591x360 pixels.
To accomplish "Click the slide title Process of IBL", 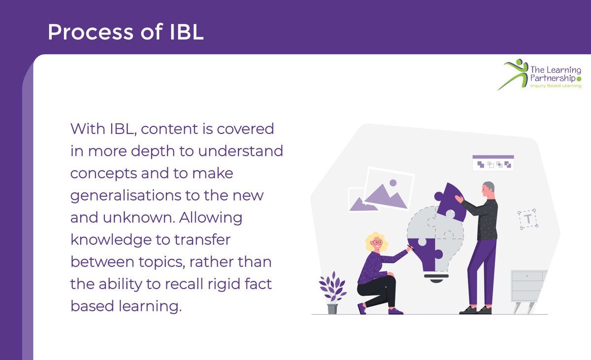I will tap(125, 32).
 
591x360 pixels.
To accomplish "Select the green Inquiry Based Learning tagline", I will tap(555, 86).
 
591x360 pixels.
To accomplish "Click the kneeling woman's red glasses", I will tap(377, 242).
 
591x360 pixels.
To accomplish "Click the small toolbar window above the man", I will tap(493, 163).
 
